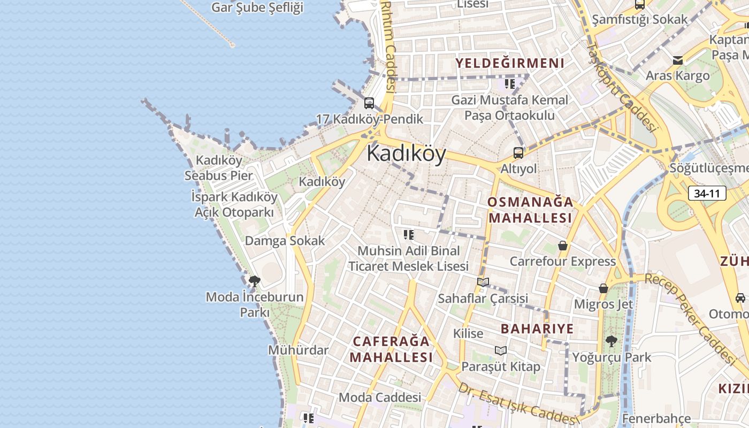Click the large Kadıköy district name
pyautogui.click(x=406, y=154)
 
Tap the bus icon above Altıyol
pyautogui.click(x=518, y=153)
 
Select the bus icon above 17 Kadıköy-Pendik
pyautogui.click(x=369, y=103)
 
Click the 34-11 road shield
pyautogui.click(x=707, y=193)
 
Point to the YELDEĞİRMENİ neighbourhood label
pyautogui.click(x=509, y=63)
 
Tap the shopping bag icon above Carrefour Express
pyautogui.click(x=562, y=246)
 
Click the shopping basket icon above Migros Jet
pyautogui.click(x=603, y=288)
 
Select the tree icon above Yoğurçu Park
pyautogui.click(x=611, y=341)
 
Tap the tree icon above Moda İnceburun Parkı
pyautogui.click(x=255, y=280)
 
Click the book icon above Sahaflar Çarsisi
pyautogui.click(x=483, y=282)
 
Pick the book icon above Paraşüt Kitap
pyautogui.click(x=501, y=350)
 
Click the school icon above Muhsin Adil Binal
pyautogui.click(x=409, y=234)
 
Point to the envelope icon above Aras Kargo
pyautogui.click(x=678, y=60)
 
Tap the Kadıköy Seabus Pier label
pyautogui.click(x=219, y=167)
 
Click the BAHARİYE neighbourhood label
pyautogui.click(x=537, y=328)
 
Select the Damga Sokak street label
pyautogui.click(x=285, y=241)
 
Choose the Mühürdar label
pyautogui.click(x=298, y=350)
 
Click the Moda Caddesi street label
pyautogui.click(x=380, y=398)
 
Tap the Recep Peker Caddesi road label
pyautogui.click(x=690, y=318)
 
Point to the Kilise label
pyautogui.click(x=468, y=333)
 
